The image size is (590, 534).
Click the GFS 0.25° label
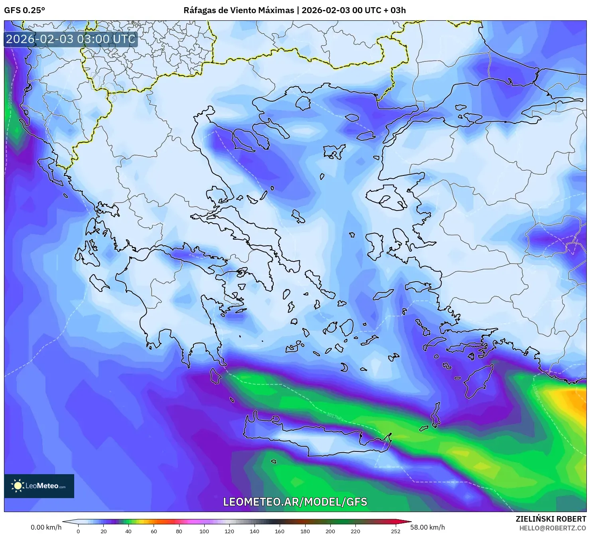tap(24, 10)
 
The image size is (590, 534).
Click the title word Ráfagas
tap(199, 10)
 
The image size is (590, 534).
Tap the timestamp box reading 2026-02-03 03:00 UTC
tap(71, 39)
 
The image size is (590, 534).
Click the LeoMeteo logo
tap(39, 486)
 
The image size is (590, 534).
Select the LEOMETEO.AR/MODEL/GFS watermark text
tap(295, 502)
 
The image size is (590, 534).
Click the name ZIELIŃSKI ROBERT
tap(551, 519)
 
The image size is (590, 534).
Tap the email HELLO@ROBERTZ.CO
tap(553, 528)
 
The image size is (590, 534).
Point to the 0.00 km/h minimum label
tap(46, 527)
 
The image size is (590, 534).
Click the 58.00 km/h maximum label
tap(427, 527)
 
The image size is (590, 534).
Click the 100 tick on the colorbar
tap(204, 531)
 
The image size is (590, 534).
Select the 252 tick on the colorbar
tap(395, 531)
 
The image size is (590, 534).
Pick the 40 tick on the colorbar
tap(128, 531)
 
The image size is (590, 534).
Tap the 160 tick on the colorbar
tap(280, 531)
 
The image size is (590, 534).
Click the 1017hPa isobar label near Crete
tap(334, 416)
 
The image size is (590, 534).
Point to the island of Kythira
tap(215, 376)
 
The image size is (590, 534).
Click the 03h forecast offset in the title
tap(398, 10)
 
